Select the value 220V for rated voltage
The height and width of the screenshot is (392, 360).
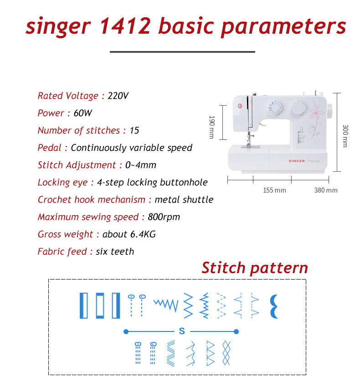click(x=118, y=96)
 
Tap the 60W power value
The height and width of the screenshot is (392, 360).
click(x=83, y=113)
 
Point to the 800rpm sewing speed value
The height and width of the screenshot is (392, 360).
click(x=164, y=217)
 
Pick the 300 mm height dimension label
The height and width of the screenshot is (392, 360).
click(x=345, y=136)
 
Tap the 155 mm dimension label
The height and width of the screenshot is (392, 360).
click(x=274, y=190)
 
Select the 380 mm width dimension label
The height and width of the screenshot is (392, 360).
click(x=325, y=190)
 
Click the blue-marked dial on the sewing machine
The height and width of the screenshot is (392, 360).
click(x=274, y=107)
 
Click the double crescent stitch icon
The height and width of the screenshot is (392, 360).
click(x=274, y=305)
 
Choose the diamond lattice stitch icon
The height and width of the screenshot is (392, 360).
click(x=226, y=353)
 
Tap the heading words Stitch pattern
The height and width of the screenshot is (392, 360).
click(x=254, y=268)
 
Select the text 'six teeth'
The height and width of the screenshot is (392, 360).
click(x=115, y=252)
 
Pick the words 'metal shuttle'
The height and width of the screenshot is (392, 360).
click(x=184, y=200)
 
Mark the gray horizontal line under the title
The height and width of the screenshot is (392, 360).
click(x=182, y=52)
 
